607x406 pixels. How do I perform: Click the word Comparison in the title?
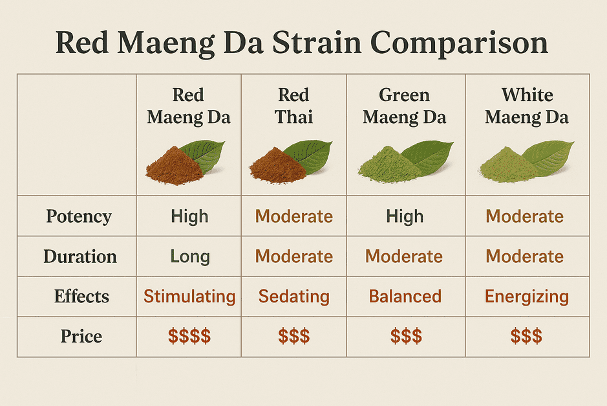click(459, 43)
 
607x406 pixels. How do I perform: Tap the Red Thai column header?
click(294, 106)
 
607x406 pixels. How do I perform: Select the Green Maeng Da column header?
click(405, 106)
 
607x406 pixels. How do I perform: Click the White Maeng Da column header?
click(527, 106)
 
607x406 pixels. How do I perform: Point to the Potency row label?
click(79, 216)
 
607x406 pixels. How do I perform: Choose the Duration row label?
click(80, 256)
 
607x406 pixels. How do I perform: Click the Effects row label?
click(81, 297)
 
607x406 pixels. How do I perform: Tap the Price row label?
click(81, 336)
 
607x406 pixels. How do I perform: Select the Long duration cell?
click(190, 256)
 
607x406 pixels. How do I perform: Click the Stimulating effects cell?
click(189, 297)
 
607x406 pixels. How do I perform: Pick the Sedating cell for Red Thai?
click(294, 297)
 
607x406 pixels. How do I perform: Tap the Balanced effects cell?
click(405, 297)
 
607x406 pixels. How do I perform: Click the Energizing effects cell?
click(527, 297)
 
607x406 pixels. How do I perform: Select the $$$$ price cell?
click(189, 336)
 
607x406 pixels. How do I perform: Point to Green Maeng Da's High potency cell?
click(405, 216)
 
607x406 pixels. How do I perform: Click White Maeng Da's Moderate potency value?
click(524, 216)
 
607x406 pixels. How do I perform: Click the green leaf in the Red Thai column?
click(310, 155)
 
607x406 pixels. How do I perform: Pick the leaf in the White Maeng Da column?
click(549, 157)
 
